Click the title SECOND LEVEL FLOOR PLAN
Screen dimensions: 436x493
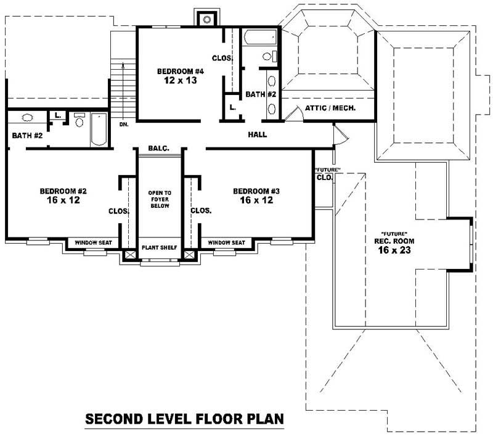pos(184,419)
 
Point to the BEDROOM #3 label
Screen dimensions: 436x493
pos(258,191)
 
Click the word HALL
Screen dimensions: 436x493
pos(257,134)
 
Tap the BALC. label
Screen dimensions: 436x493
pos(158,149)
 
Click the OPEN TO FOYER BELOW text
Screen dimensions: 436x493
pos(159,200)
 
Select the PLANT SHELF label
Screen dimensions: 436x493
pos(159,247)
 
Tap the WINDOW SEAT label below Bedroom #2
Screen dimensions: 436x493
pos(93,243)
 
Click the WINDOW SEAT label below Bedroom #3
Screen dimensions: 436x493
pos(226,243)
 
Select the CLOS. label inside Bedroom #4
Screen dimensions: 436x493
pos(222,58)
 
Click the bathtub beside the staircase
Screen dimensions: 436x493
pos(99,129)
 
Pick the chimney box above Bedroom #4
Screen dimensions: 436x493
pos(204,17)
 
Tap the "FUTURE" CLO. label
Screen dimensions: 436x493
pos(324,173)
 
